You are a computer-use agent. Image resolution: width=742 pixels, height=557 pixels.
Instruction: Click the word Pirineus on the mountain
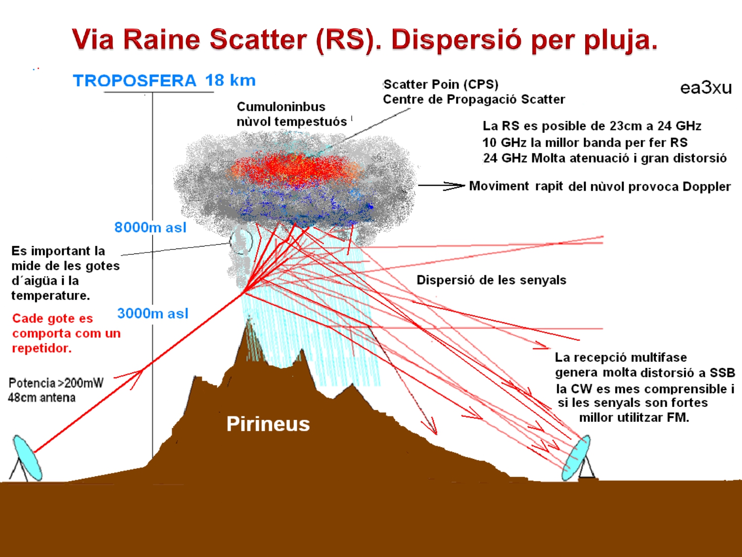coord(268,424)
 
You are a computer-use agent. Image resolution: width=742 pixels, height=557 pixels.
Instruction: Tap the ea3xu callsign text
coord(705,88)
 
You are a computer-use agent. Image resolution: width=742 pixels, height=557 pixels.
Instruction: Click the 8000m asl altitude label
coord(150,227)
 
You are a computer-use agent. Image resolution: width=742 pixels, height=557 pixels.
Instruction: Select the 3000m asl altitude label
coord(153,313)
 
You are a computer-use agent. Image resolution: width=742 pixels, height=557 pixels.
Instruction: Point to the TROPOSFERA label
coord(135,81)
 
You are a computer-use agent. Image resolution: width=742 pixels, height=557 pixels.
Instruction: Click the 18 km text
coord(230,80)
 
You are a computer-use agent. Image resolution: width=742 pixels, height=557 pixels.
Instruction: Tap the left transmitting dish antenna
coord(27,458)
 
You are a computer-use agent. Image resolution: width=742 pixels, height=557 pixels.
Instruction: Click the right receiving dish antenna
coord(576,458)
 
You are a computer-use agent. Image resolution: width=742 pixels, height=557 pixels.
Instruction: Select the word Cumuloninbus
coord(281,106)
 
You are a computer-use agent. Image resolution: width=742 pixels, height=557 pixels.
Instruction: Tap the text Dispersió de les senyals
coord(491,280)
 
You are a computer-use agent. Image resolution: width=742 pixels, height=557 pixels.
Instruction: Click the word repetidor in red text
coord(42,348)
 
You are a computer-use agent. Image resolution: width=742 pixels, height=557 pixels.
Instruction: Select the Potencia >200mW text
coord(56,383)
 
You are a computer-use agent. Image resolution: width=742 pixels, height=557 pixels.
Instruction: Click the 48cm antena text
coord(42,398)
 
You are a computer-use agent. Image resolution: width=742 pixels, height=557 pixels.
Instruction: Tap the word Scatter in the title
coord(258,40)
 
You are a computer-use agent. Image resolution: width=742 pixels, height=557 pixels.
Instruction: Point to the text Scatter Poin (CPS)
coord(441,84)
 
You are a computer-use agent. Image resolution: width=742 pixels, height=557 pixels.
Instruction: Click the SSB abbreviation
coord(722,373)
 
